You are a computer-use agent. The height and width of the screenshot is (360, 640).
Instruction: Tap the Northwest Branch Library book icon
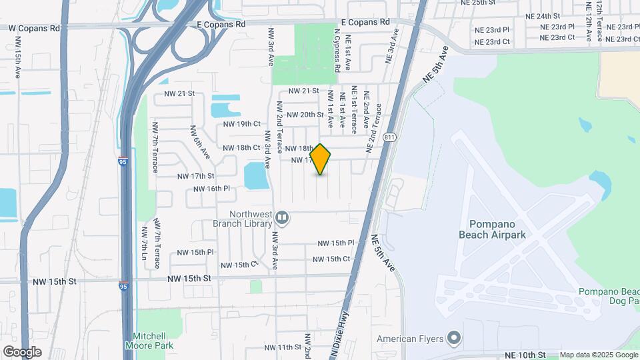tap(282, 217)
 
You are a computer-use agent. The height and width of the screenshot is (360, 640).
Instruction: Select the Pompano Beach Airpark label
tap(493, 229)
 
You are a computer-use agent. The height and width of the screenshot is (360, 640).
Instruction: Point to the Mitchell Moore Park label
tap(149, 341)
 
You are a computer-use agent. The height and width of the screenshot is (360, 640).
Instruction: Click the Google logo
tap(21, 351)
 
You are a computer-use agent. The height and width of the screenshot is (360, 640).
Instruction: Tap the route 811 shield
tap(390, 137)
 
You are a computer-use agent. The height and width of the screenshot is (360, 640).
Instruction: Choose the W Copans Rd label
tap(34, 29)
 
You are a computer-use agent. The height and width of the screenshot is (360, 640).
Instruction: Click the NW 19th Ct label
tap(241, 124)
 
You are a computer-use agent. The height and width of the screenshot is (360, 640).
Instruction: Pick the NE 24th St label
tap(543, 16)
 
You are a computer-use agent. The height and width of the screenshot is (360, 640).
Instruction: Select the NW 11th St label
tap(283, 347)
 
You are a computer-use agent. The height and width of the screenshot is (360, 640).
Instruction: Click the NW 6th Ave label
tap(201, 143)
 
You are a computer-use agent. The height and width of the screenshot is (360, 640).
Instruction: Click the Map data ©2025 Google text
tap(599, 355)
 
